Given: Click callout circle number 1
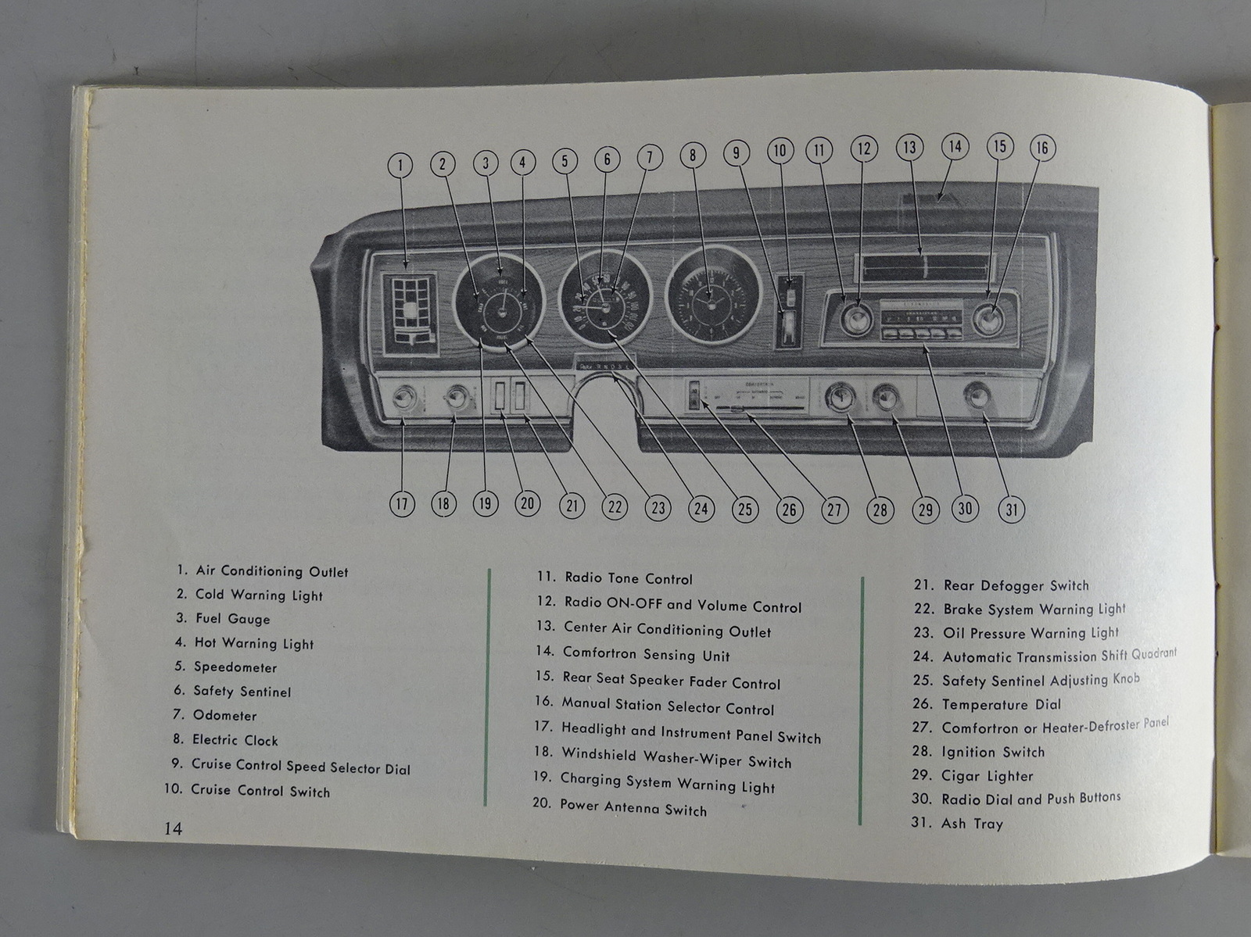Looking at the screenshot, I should (x=400, y=165).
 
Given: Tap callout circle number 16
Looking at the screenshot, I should (x=1041, y=148).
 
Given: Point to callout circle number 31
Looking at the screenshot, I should (x=1012, y=510).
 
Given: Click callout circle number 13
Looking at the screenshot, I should (x=909, y=147).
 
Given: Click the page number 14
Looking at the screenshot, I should (x=173, y=828).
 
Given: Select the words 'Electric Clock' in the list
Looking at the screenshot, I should (x=235, y=740).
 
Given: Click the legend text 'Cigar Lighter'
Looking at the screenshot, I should (x=987, y=776).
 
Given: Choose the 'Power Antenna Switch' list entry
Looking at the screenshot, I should (x=633, y=808).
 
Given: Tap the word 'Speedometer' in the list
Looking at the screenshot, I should (x=235, y=667).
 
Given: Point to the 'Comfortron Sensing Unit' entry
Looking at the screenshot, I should (x=646, y=654).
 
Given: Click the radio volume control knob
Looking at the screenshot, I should (x=858, y=318).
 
